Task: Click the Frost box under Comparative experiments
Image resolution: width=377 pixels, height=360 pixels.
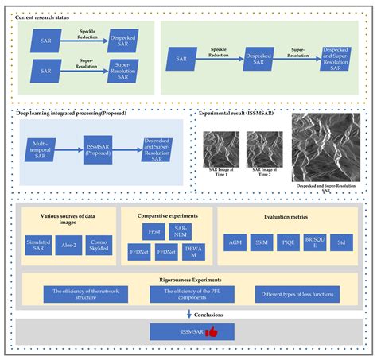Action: [x=155, y=231]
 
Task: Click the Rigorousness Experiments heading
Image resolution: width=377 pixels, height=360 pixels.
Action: [x=188, y=279]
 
